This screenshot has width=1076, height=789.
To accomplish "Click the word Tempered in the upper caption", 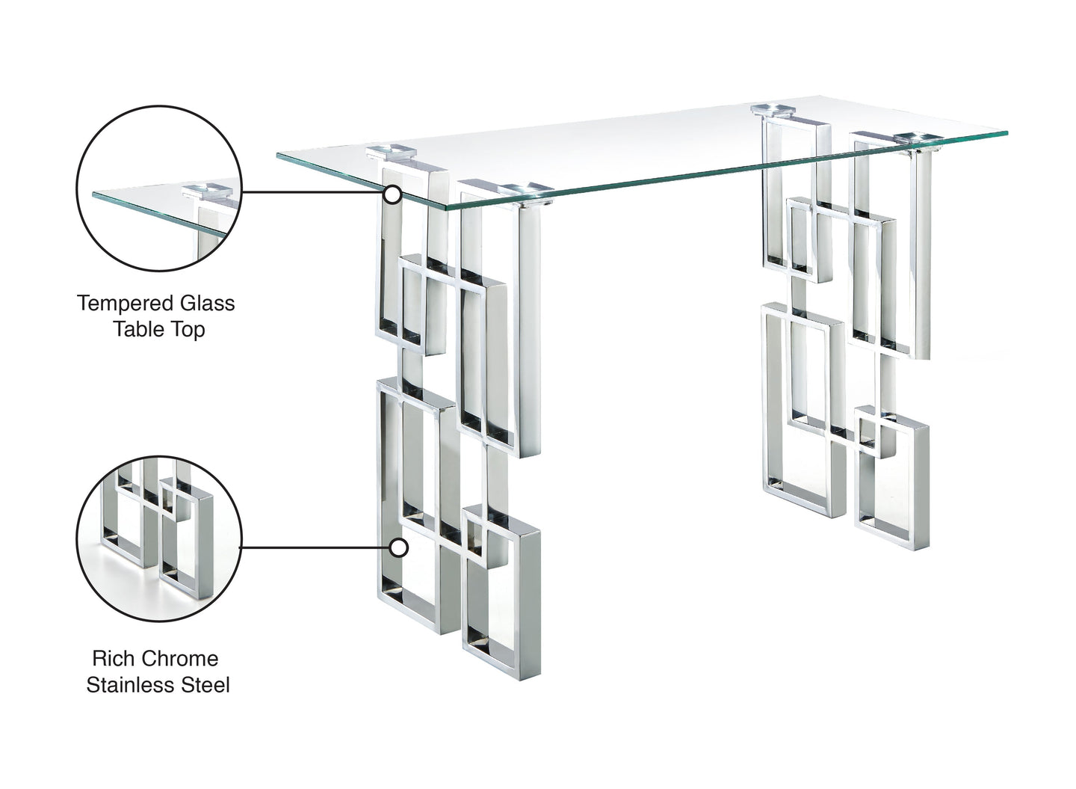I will click(123, 303).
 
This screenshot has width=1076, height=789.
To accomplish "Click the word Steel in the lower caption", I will click(204, 684).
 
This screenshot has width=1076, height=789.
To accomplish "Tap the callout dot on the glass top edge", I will click(392, 195).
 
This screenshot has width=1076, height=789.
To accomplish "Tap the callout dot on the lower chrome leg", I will click(400, 548).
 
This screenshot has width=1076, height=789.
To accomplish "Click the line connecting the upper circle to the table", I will click(314, 192).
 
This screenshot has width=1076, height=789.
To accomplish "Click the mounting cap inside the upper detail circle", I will click(211, 189).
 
